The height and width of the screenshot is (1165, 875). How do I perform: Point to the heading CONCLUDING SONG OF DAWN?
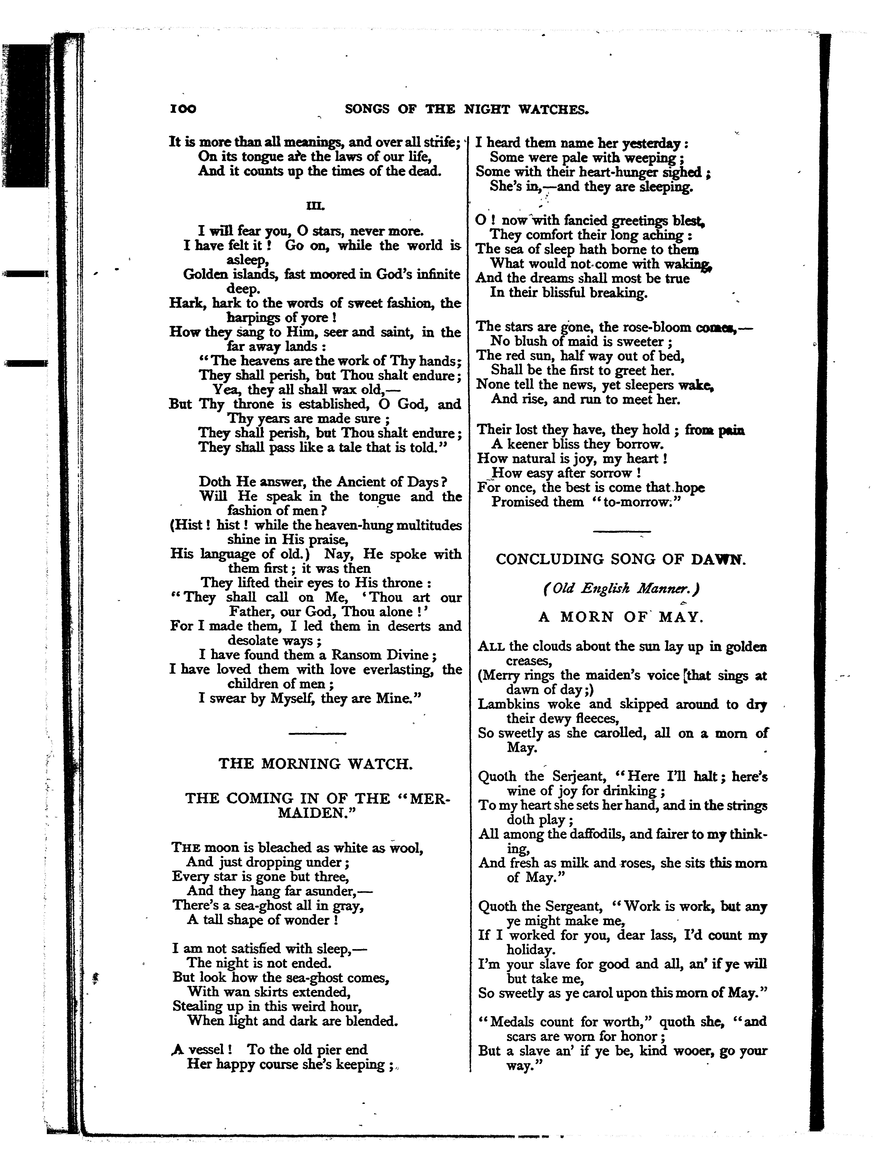[621, 559]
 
